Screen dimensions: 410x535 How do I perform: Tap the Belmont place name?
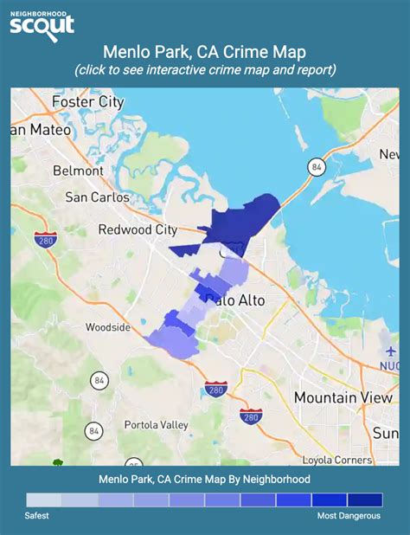[x=78, y=171]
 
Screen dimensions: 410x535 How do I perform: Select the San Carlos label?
[x=98, y=197]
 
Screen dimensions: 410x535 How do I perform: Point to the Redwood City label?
[x=138, y=229]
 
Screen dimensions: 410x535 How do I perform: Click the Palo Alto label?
[x=236, y=300]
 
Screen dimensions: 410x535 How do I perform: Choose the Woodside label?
[x=108, y=327]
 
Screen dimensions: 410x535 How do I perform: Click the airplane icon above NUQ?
[x=391, y=351]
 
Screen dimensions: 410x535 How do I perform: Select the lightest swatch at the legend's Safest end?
[x=44, y=500]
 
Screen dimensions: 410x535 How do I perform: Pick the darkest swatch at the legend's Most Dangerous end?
[x=364, y=500]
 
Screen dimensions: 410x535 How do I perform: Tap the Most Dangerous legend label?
[x=348, y=516]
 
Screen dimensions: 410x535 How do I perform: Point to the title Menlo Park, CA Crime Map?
[x=204, y=52]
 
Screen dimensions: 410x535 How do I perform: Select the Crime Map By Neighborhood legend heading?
[x=204, y=479]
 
